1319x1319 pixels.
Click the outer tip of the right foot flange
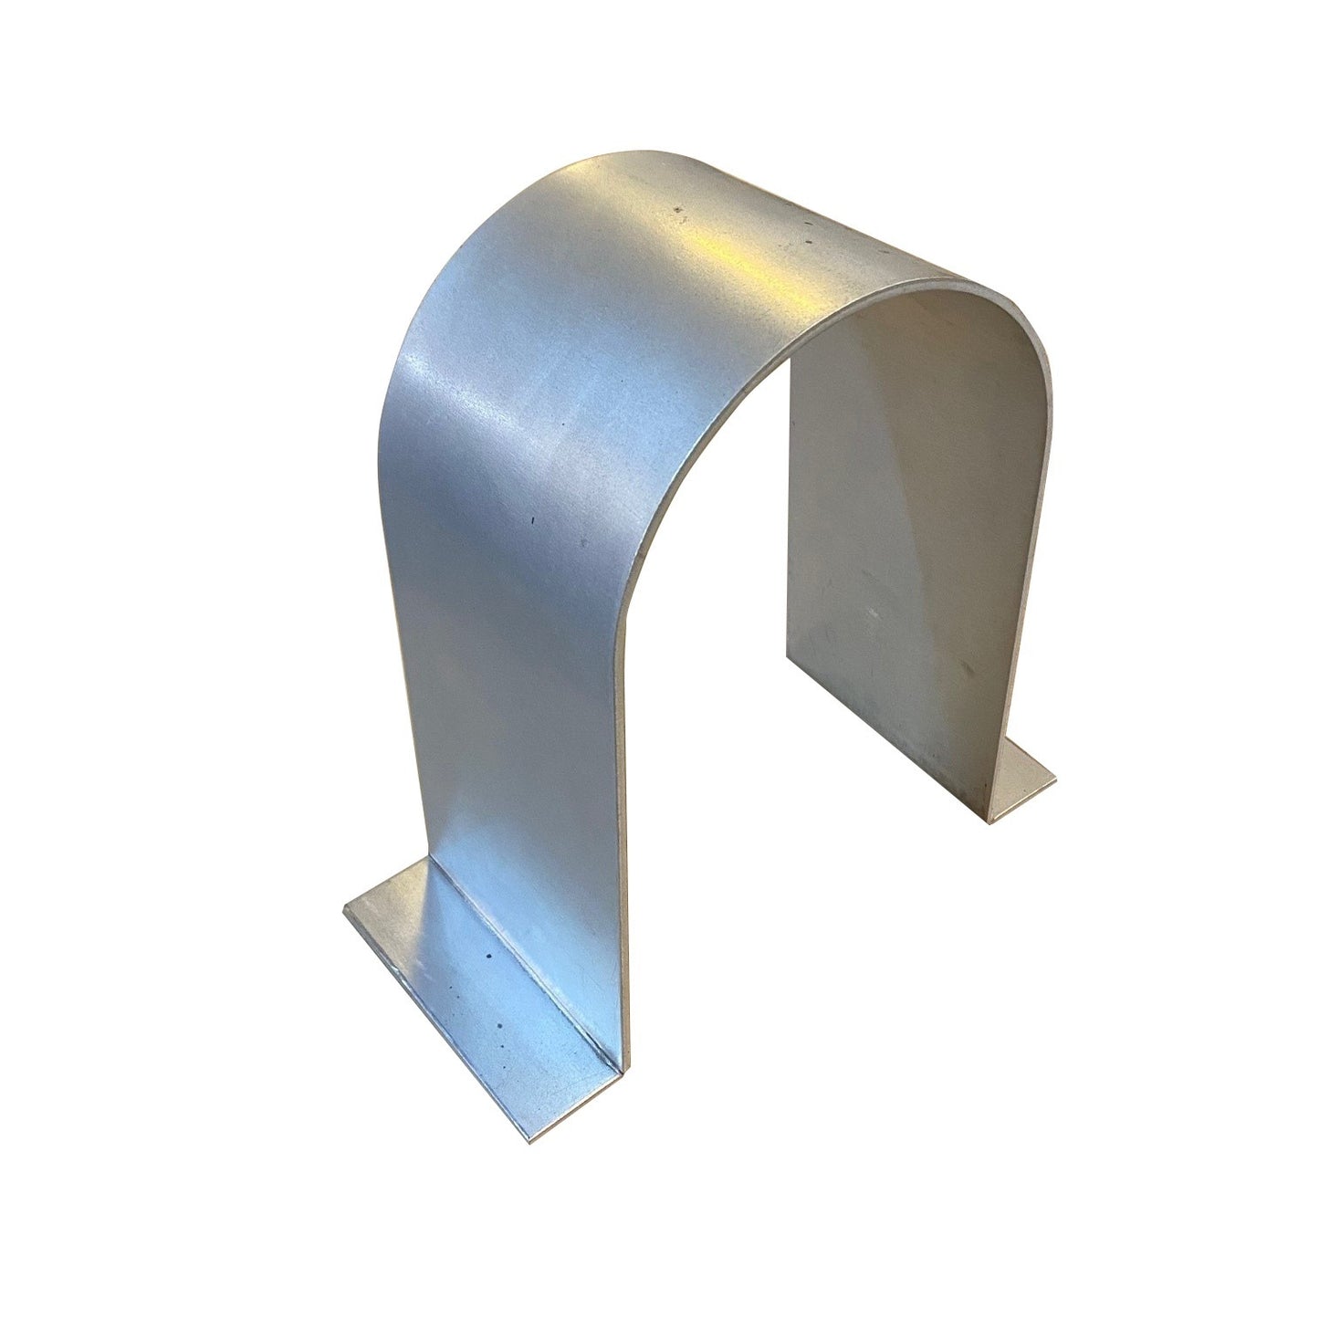click(1055, 778)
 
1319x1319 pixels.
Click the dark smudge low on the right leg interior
click(958, 675)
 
